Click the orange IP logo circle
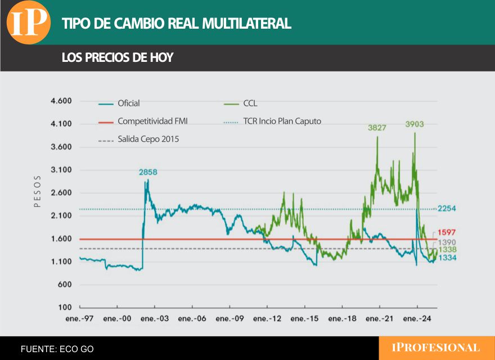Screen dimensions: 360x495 coord(28,22)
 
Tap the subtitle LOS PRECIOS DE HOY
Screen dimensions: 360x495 coord(117,57)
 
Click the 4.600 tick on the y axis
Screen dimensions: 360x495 coord(61,101)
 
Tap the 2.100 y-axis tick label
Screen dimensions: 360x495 coord(61,216)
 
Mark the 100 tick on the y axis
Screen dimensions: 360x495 coord(65,308)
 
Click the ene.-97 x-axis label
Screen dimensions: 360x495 coord(79,318)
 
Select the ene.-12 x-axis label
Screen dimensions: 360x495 coord(267,318)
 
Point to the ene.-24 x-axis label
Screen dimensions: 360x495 coord(417,318)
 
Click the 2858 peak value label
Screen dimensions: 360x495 coord(148,172)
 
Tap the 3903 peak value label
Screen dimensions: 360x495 coord(415,124)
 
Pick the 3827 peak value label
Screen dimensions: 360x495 coord(377,128)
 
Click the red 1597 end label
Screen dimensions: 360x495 coord(447,232)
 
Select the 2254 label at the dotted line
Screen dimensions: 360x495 coord(447,209)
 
